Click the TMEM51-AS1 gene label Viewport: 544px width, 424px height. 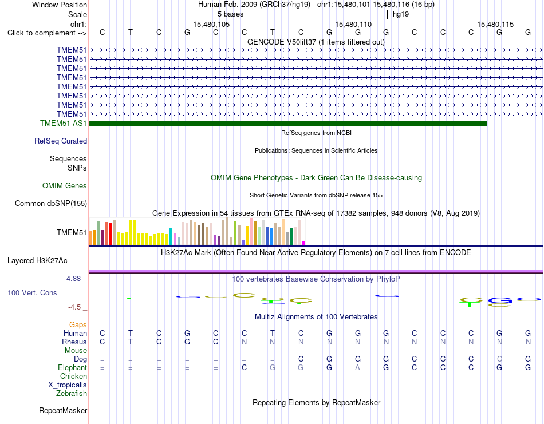click(63, 123)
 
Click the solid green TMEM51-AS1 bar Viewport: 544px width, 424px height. click(288, 123)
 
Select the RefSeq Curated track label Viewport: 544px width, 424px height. click(61, 141)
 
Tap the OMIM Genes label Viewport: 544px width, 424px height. click(65, 185)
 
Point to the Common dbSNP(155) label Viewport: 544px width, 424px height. click(51, 204)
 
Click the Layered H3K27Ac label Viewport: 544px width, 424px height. click(37, 261)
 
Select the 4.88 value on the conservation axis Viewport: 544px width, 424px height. click(73, 279)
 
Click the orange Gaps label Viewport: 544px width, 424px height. click(78, 324)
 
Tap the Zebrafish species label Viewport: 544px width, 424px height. click(72, 394)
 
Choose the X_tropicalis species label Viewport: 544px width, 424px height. click(68, 385)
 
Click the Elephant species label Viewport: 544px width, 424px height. click(72, 367)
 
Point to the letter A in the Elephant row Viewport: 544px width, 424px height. click(358, 367)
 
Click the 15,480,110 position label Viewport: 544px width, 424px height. click(353, 24)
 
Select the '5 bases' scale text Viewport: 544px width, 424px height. click(230, 14)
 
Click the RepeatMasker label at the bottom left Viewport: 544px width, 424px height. click(63, 410)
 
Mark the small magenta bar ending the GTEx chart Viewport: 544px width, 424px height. click(303, 243)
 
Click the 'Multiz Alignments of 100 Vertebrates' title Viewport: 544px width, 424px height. click(316, 316)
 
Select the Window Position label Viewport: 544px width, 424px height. click(60, 5)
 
